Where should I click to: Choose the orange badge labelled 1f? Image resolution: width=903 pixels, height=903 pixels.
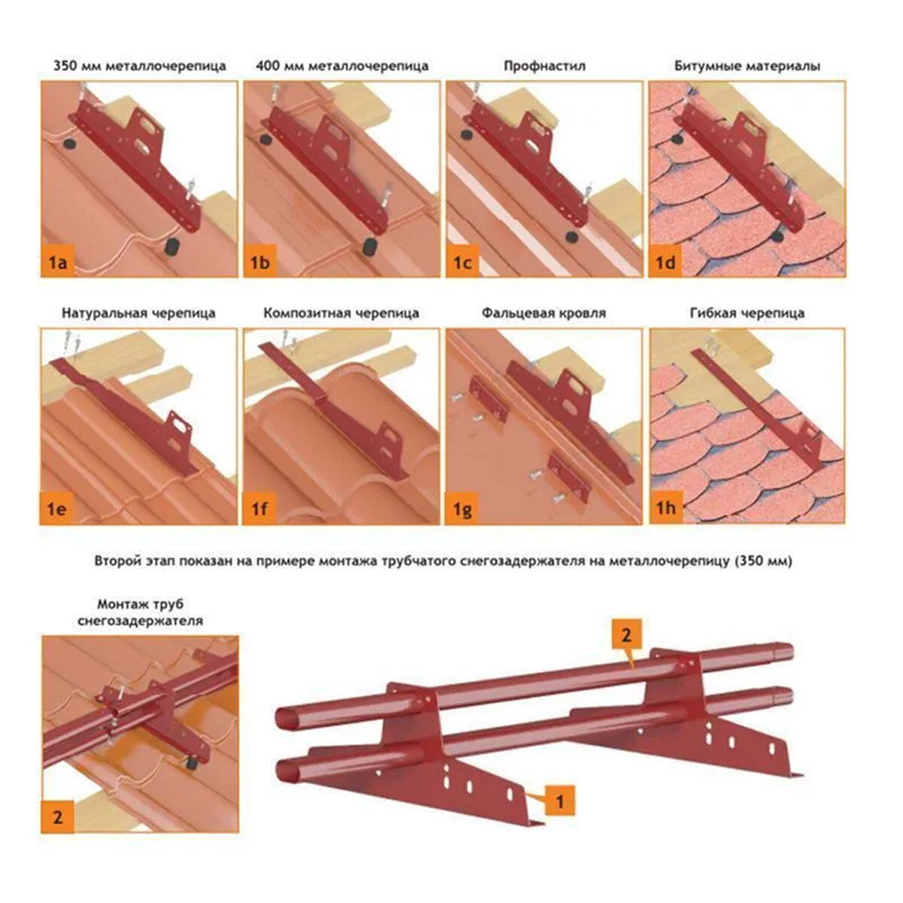click(260, 509)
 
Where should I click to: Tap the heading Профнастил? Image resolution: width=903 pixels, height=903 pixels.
click(544, 66)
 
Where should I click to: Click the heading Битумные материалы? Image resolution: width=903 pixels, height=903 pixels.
click(747, 66)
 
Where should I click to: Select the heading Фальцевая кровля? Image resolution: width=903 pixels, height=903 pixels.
click(544, 313)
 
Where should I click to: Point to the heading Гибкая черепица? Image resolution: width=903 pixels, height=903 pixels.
click(746, 313)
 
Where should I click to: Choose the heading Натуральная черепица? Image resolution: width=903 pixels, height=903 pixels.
click(139, 313)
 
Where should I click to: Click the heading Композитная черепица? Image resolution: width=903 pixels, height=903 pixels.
click(342, 313)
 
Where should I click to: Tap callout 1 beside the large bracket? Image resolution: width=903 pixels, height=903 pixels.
click(559, 801)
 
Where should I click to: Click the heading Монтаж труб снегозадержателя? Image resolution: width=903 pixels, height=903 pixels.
click(141, 613)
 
